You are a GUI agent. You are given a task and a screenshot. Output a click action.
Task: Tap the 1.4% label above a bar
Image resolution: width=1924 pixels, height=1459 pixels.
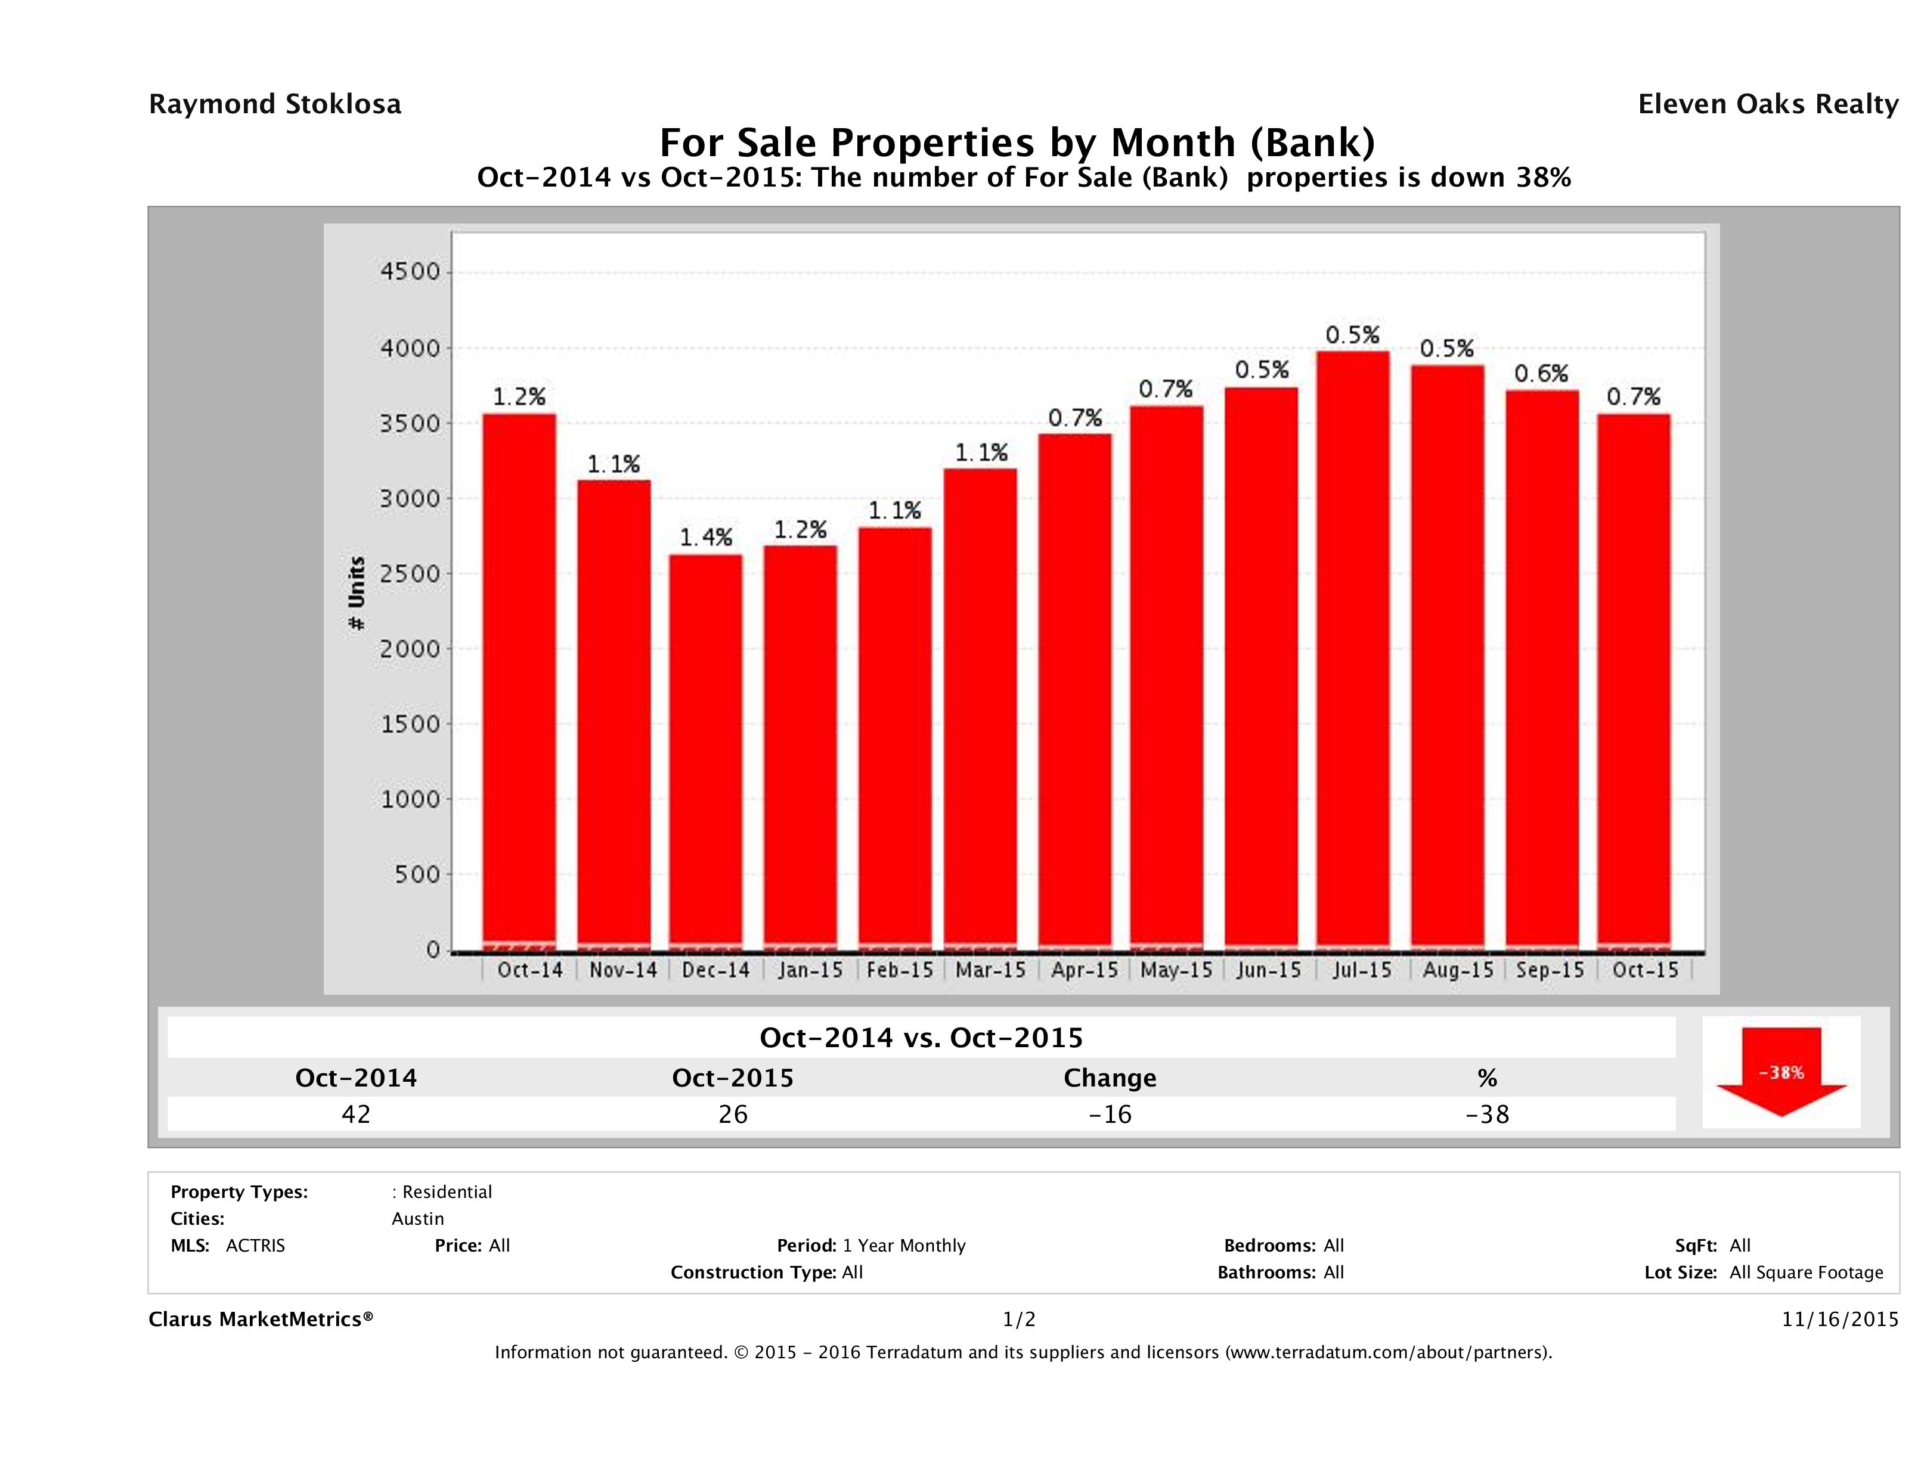click(705, 538)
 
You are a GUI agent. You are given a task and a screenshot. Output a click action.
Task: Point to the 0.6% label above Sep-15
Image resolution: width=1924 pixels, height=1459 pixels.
click(1541, 374)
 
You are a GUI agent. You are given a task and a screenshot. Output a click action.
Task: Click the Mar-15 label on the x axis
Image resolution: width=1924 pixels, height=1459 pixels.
click(991, 970)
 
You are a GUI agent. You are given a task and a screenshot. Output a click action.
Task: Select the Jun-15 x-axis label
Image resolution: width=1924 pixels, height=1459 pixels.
click(1269, 970)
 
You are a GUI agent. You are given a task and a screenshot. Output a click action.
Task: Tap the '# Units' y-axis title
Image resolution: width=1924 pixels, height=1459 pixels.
click(357, 593)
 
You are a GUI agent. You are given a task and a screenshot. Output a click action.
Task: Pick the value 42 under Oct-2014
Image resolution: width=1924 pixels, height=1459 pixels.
click(356, 1115)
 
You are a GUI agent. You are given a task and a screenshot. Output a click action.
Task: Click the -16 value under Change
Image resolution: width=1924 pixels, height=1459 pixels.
click(1110, 1115)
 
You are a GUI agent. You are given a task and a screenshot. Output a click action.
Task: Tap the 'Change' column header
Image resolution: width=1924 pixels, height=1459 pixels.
click(1110, 1078)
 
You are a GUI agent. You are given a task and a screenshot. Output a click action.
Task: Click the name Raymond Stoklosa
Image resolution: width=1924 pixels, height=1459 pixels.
click(275, 104)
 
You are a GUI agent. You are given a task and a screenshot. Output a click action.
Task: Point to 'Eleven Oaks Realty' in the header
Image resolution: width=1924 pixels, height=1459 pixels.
click(1767, 104)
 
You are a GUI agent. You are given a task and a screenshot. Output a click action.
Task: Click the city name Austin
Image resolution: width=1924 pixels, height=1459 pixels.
click(417, 1219)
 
